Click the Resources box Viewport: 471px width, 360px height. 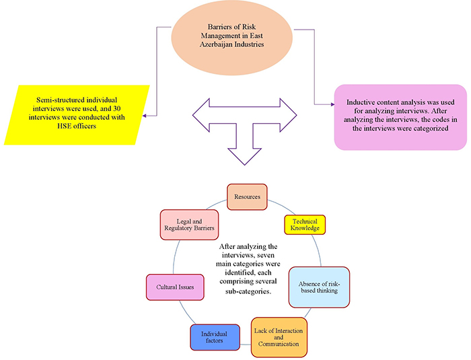click(x=248, y=196)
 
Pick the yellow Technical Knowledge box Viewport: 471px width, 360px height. click(x=305, y=225)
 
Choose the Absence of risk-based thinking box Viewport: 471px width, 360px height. click(x=319, y=287)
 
